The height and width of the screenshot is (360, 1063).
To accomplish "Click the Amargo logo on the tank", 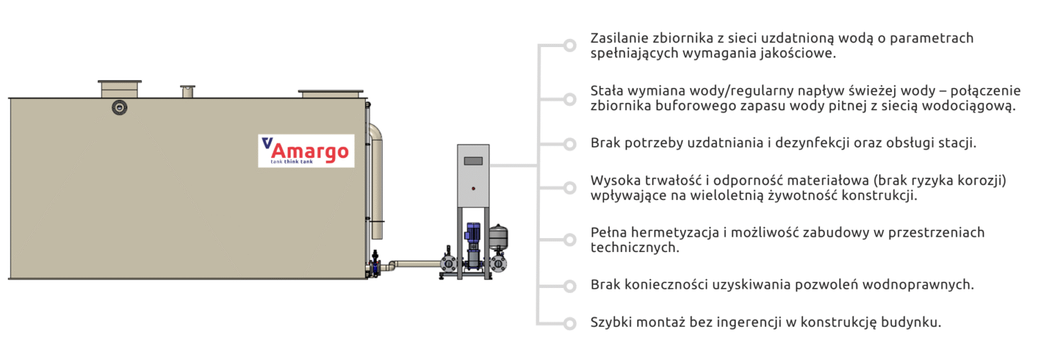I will click(306, 150).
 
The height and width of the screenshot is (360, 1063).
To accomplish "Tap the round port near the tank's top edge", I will click(120, 107).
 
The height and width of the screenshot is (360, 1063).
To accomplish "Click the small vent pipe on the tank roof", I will click(188, 91).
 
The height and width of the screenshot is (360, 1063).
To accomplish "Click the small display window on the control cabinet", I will click(473, 161).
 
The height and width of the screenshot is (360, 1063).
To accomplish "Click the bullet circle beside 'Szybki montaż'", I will click(570, 323).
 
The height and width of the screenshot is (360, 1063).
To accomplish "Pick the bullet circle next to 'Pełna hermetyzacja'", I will click(570, 240).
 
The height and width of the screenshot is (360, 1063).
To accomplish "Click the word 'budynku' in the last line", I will click(916, 323).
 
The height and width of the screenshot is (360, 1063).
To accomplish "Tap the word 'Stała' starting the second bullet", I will click(607, 91).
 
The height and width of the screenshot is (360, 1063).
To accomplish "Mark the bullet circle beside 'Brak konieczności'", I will click(570, 285).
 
